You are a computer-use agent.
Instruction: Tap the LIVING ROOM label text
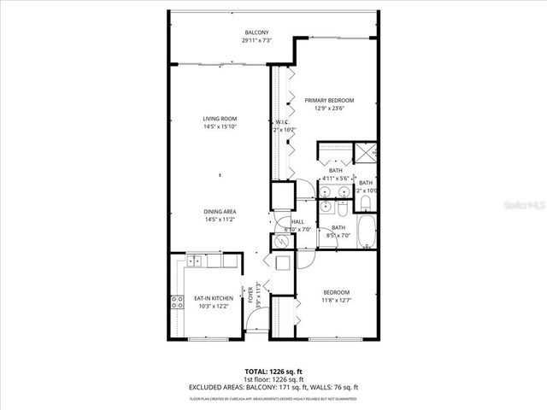point(220,119)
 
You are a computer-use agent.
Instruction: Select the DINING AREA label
point(220,212)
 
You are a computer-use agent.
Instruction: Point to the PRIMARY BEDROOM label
point(329,101)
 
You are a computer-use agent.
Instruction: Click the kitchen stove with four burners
point(179,301)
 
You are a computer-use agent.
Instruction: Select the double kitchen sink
point(196,261)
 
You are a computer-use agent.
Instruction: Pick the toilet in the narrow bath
point(365,202)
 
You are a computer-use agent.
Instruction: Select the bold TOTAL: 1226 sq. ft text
point(273,372)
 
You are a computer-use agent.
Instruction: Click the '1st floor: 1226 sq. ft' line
point(273,379)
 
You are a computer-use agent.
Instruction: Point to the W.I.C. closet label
point(282,122)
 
